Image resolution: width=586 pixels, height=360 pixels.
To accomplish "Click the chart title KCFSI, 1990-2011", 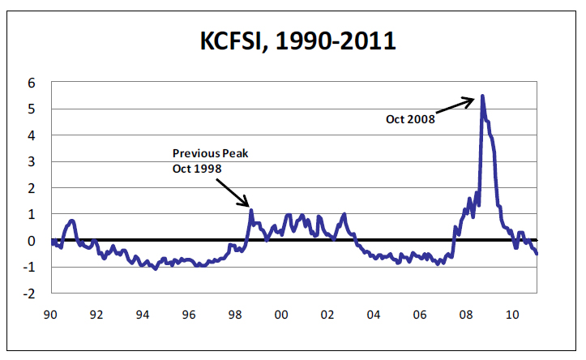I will [x=298, y=40].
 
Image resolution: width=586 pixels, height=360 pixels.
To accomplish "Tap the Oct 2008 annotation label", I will [x=409, y=118].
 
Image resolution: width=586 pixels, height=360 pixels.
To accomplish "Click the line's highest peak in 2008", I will [x=483, y=96].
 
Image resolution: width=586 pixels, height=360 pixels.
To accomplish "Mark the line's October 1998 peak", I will [x=251, y=211].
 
